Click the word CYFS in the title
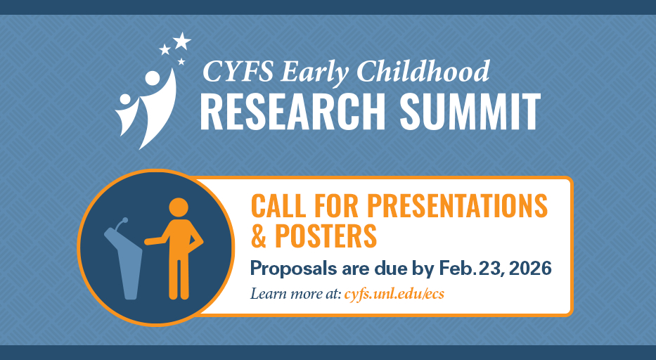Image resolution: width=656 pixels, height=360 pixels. tap(238, 71)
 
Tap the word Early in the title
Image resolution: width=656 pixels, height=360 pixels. tap(314, 73)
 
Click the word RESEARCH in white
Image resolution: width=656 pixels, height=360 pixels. tap(292, 112)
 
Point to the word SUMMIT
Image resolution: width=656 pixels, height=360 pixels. tap(470, 112)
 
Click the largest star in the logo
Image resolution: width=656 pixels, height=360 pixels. tap(182, 41)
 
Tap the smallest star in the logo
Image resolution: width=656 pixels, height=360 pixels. tap(181, 62)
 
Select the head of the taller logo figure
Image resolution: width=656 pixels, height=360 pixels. tap(153, 78)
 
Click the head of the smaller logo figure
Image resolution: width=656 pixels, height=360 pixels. tap(125, 100)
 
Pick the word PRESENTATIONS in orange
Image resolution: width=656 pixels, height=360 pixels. tap(457, 205)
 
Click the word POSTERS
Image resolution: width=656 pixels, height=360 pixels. tap(326, 236)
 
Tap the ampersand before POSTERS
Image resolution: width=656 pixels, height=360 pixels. tap(259, 236)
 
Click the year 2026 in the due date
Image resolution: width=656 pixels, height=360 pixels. tap(530, 268)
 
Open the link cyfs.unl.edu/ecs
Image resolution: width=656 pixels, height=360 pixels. tap(394, 294)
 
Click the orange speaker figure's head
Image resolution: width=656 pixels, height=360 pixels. tap(179, 207)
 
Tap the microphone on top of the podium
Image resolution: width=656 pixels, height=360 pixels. tap(122, 224)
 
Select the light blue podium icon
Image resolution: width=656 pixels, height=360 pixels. tap(124, 263)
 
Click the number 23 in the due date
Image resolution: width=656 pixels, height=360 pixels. tap(491, 268)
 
